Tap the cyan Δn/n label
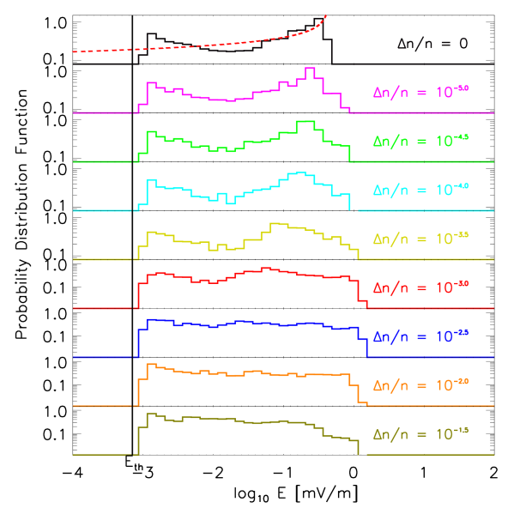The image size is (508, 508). click(x=420, y=189)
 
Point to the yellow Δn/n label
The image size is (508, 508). click(x=420, y=238)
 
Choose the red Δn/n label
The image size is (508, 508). click(x=420, y=287)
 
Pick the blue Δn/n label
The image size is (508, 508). click(x=420, y=336)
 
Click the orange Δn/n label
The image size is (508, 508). click(x=420, y=384)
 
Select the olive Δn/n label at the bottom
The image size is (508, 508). click(x=420, y=433)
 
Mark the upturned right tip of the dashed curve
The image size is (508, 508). click(x=325, y=15)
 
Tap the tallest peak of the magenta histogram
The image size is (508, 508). click(x=310, y=68)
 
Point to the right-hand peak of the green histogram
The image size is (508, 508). click(x=305, y=122)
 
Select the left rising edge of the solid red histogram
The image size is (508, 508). click(x=139, y=292)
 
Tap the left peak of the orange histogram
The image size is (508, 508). click(x=151, y=365)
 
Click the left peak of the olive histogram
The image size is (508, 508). click(x=151, y=414)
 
